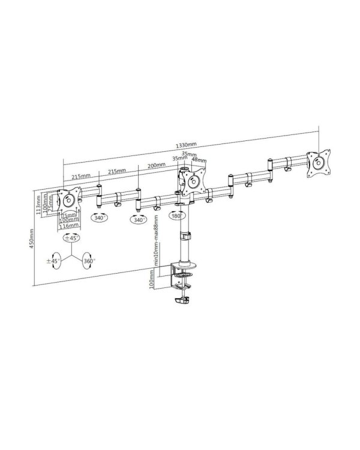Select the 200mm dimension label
point(157,165)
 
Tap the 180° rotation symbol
point(176,215)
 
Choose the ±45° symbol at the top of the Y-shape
point(74,238)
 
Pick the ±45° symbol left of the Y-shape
point(54,262)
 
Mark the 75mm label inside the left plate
point(70,214)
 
